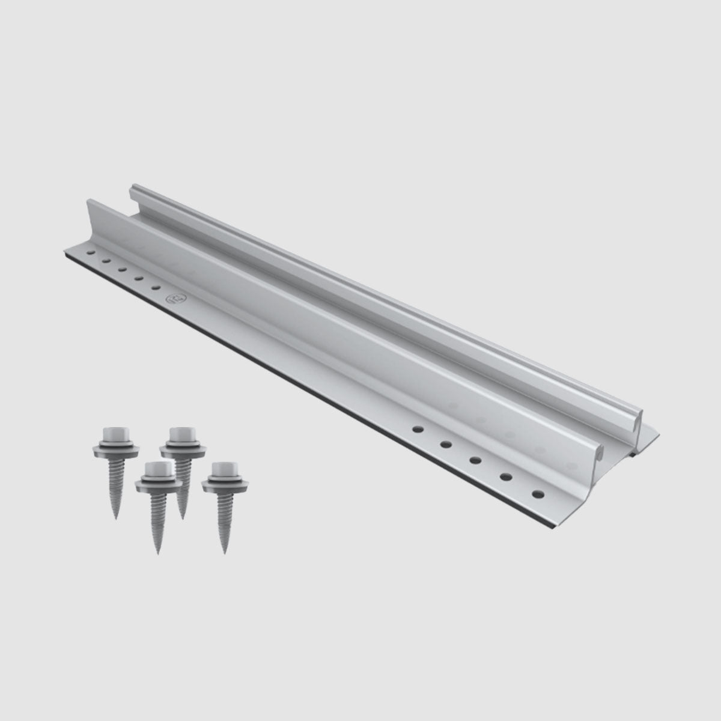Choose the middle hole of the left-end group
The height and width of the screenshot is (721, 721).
122,270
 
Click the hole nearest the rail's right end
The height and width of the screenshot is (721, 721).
537,493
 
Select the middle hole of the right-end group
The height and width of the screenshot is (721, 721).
475,460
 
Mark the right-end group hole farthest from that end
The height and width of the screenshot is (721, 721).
416,430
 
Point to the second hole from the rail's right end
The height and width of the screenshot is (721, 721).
506,477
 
